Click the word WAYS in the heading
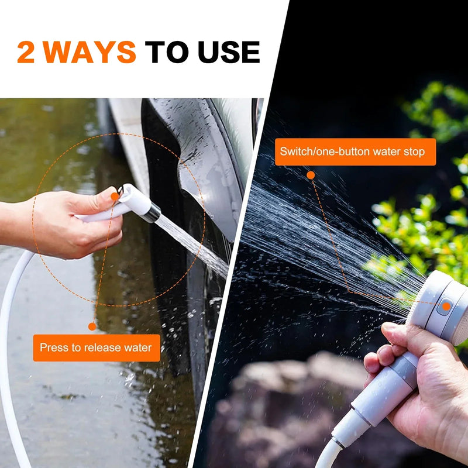90,53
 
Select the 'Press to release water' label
96,348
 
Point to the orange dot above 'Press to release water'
92,326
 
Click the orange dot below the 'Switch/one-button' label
311,175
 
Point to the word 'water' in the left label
138,348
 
